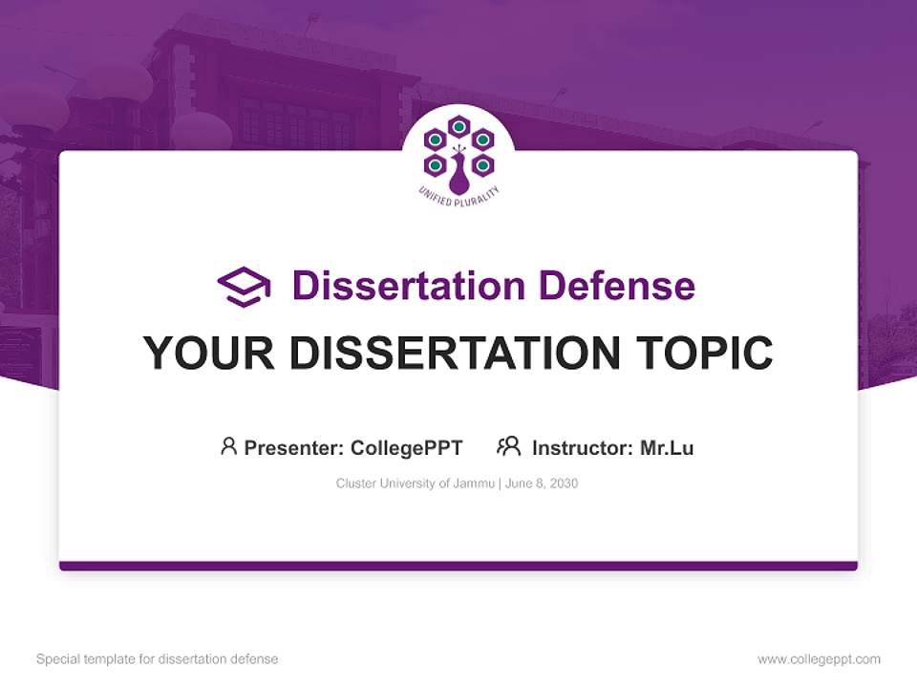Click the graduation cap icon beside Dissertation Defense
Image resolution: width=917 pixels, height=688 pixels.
point(244,287)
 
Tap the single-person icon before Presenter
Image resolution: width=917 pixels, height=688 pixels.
point(228,446)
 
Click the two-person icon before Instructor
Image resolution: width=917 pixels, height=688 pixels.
point(508,446)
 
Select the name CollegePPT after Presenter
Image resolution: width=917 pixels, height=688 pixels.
point(407,447)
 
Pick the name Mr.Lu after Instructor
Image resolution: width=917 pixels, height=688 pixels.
point(667,447)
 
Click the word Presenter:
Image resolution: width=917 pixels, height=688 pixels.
point(294,447)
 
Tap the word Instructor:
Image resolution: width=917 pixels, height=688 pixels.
point(583,447)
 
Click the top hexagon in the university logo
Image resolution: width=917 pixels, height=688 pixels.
point(458,125)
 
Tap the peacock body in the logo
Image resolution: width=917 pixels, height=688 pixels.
point(458,179)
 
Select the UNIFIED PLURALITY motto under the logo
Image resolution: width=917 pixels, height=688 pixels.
point(458,195)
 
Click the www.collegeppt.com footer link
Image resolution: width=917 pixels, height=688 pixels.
point(819,659)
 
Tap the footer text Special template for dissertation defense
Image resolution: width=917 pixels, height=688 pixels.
point(157,659)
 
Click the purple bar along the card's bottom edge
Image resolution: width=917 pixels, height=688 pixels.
point(458,566)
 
